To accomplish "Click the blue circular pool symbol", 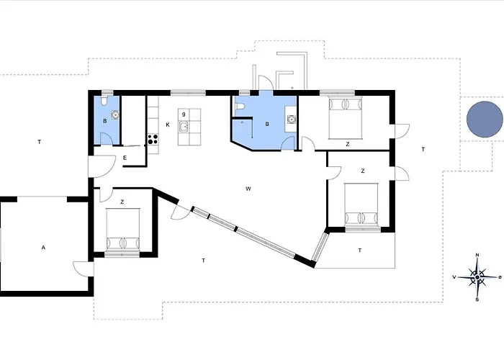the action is [x=485, y=120].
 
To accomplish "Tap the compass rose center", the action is [x=477, y=277].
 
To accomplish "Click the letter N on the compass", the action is [x=477, y=255].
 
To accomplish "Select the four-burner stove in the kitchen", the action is [x=153, y=139].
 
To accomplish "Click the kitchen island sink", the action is [x=184, y=127].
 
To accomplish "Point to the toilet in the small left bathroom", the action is [x=104, y=100].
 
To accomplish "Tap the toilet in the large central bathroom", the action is [x=240, y=107].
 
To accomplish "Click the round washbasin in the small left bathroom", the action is [x=115, y=114].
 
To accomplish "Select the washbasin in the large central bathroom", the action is [x=291, y=120].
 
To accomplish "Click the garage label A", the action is [x=43, y=248].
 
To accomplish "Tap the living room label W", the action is [x=248, y=189].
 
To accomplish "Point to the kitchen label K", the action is [x=168, y=125].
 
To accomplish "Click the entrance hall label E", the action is [x=125, y=158].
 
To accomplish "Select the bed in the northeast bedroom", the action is [x=346, y=118].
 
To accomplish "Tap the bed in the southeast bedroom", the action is [x=361, y=204].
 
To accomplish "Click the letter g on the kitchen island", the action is [x=184, y=114].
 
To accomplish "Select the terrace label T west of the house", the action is [x=39, y=142].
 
